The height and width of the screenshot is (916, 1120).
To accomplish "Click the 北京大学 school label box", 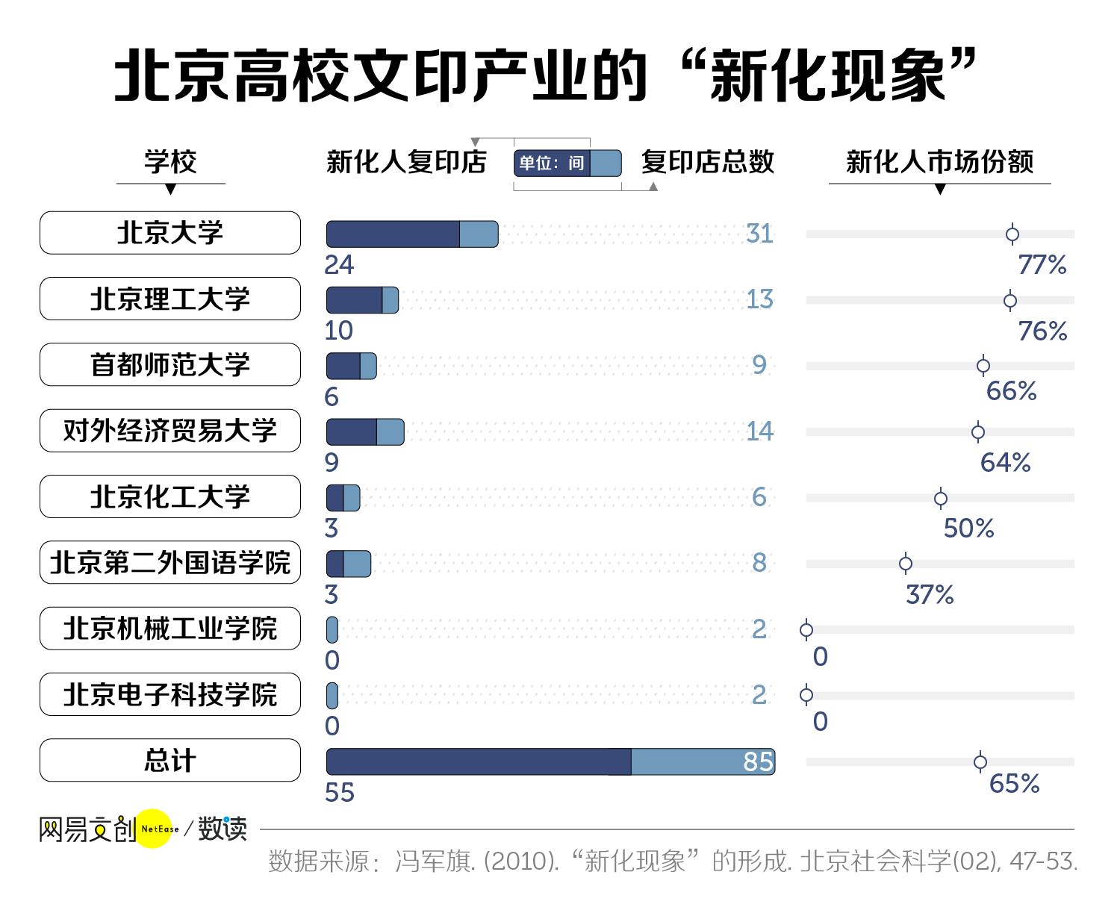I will (x=170, y=233).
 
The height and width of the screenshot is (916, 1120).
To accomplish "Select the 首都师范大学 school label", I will (x=170, y=364).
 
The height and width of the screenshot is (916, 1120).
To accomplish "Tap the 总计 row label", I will (x=170, y=760).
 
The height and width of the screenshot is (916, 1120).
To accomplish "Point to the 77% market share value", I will (x=1042, y=264).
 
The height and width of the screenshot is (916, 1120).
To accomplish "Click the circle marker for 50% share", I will (x=941, y=498).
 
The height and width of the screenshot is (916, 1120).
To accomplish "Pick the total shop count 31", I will (x=760, y=234).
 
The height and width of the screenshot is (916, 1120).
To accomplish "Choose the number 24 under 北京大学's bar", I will (x=339, y=265).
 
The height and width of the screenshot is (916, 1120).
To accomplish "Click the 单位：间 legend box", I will (x=567, y=163).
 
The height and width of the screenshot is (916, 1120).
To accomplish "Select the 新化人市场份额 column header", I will (x=939, y=162).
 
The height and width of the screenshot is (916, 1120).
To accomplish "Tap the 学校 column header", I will (x=170, y=162).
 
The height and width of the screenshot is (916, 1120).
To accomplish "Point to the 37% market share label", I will (x=930, y=595).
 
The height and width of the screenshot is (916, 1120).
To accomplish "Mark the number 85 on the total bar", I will (x=758, y=761).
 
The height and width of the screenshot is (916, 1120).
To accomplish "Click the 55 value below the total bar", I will (x=340, y=793).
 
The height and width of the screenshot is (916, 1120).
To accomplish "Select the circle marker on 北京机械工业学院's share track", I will (x=806, y=630).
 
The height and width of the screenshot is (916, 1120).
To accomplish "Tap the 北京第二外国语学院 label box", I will (x=170, y=562).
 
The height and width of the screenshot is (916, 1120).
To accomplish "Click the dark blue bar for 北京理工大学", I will (x=355, y=300).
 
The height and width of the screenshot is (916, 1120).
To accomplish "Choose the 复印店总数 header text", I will (x=708, y=162).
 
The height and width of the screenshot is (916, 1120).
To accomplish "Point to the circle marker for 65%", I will (x=980, y=761).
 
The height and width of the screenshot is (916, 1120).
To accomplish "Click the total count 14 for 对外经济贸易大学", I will (x=760, y=431).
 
